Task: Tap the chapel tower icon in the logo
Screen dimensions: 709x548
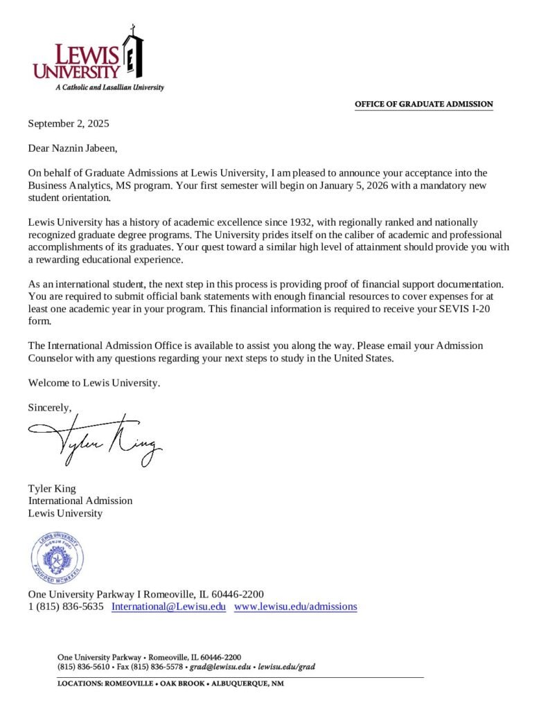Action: click(132, 54)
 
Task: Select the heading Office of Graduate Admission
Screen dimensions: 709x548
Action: click(423, 105)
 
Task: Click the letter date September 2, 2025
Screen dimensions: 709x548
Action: click(69, 124)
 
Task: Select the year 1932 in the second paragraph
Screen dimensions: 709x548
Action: click(276, 222)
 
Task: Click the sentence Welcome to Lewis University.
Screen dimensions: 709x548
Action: click(94, 383)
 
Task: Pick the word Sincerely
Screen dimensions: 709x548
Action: click(49, 407)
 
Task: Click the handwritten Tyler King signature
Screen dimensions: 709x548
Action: click(96, 439)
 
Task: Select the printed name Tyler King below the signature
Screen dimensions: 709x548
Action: click(52, 488)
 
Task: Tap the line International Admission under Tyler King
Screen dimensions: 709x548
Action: click(80, 501)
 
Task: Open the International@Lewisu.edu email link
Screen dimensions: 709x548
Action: click(169, 607)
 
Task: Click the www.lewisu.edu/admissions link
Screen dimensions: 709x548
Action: click(295, 607)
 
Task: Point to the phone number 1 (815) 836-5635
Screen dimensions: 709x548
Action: click(66, 607)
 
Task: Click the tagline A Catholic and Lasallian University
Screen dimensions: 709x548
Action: click(109, 88)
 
